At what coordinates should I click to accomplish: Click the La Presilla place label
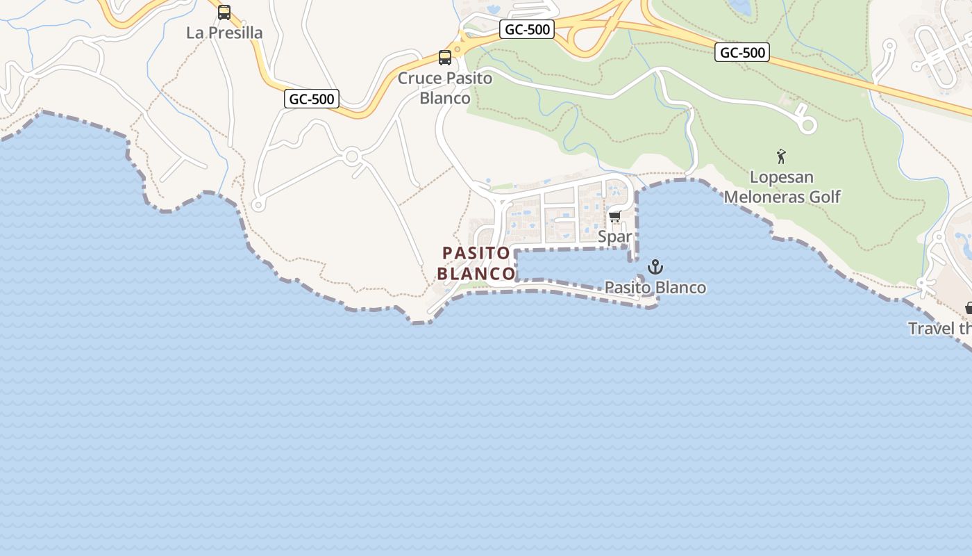coord(224,33)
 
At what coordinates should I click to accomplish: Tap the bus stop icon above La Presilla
coord(224,12)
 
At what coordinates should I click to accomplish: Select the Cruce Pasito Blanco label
coord(444,88)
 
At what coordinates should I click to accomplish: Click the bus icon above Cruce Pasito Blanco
coord(445,58)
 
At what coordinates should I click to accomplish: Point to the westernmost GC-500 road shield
coord(312,99)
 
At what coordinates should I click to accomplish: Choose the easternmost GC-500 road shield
coord(742,52)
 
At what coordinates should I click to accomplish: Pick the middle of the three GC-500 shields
coord(526,29)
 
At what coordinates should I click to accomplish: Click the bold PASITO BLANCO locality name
coord(476,263)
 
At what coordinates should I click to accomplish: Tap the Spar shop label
coord(615,236)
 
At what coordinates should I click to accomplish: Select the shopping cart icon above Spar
coord(614,217)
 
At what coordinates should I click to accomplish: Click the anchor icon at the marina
coord(655,267)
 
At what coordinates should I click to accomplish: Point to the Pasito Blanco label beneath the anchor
coord(655,287)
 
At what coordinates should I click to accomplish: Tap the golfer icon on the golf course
coord(781,156)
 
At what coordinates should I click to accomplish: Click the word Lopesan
coord(781,177)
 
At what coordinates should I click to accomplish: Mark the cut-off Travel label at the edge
coord(939,328)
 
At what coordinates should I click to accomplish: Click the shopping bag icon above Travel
coord(969,307)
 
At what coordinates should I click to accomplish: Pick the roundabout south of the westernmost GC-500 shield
coord(352,156)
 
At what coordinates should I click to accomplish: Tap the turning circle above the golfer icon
coord(807,125)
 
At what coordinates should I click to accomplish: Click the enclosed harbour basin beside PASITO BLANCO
coord(573,265)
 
